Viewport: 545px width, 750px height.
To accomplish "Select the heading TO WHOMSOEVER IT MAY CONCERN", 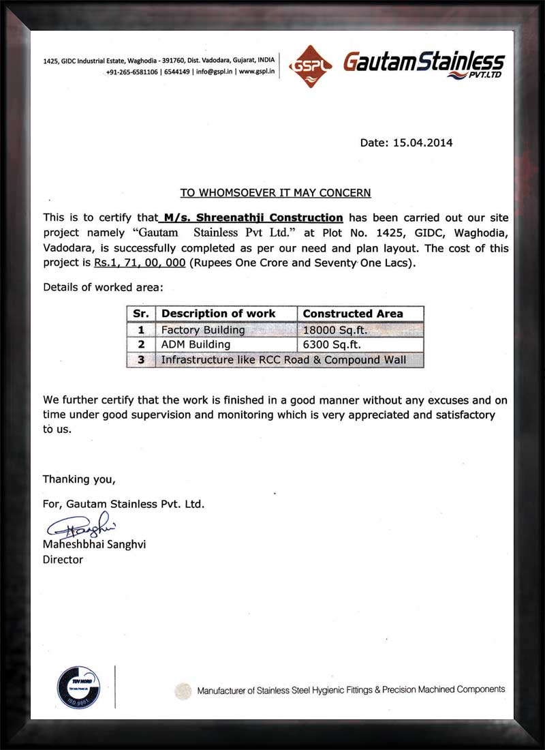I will tap(275, 193).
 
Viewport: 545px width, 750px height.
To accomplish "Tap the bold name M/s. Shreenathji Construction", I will tap(250, 218).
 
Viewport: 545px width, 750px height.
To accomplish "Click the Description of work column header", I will tap(219, 314).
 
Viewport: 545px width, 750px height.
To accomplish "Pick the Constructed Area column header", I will tap(353, 314).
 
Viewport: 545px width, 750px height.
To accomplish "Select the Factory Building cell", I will tap(202, 330).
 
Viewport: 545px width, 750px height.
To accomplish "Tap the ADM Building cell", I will tap(196, 345).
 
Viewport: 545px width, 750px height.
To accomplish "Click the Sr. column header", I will tap(141, 314).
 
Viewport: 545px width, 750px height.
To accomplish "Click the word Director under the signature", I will tap(63, 560).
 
